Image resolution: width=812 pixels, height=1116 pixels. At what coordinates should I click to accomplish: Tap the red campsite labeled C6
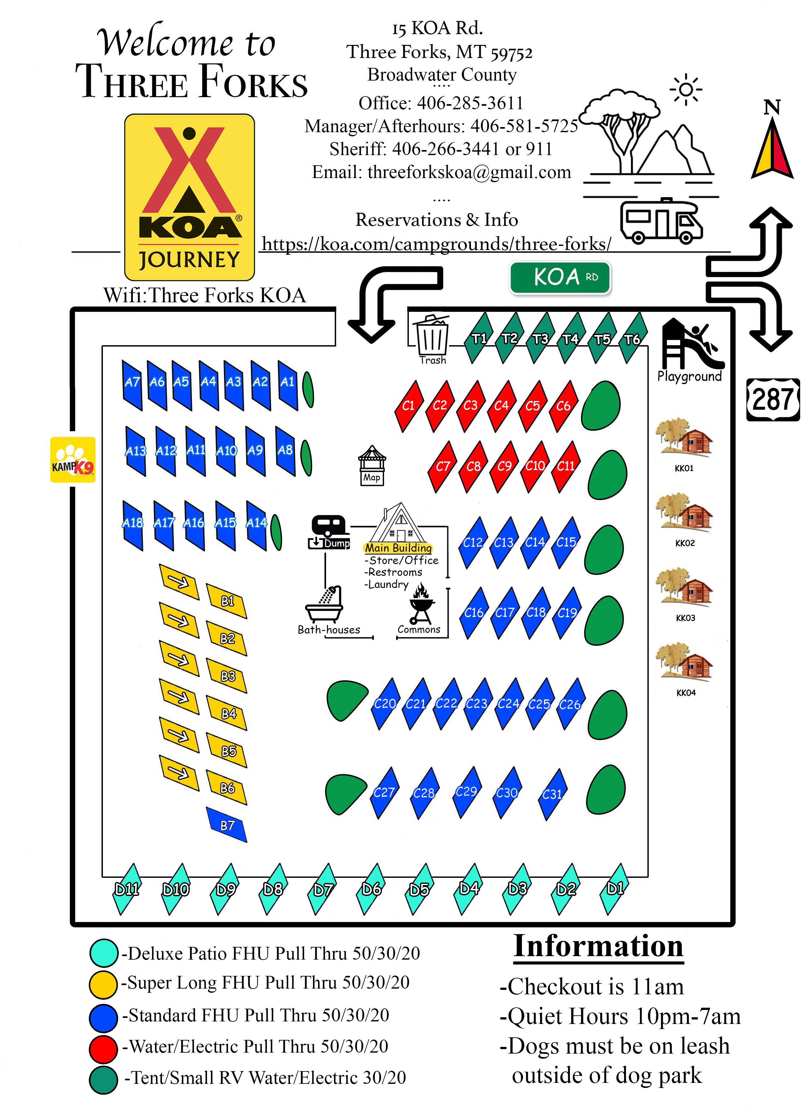tap(563, 406)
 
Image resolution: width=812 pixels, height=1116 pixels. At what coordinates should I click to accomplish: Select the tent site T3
tap(540, 339)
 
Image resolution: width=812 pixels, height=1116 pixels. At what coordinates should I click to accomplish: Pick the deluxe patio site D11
tap(126, 889)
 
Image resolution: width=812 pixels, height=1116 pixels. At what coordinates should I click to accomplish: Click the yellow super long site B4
tap(227, 713)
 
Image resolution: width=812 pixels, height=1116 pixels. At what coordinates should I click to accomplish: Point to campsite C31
tap(552, 794)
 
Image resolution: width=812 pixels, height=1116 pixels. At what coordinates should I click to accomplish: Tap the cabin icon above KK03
tap(684, 588)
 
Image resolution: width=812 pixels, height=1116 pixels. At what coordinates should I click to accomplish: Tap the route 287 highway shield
tap(773, 400)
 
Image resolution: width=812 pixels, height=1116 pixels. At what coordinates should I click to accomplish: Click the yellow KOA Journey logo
tap(189, 197)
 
